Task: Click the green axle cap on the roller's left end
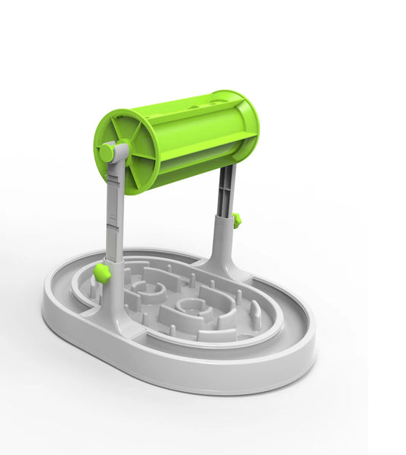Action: pyautogui.click(x=107, y=153)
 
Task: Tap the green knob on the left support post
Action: pyautogui.click(x=102, y=272)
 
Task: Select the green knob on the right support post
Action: pyautogui.click(x=237, y=221)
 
